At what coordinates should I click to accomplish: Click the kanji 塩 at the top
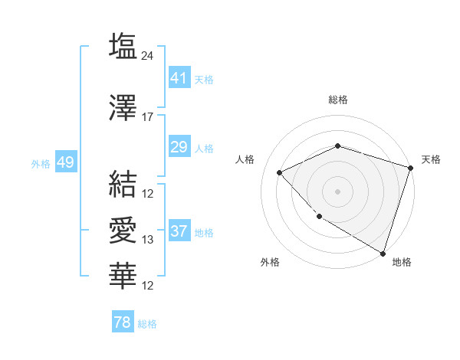tap(123, 47)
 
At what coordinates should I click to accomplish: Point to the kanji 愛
tap(123, 231)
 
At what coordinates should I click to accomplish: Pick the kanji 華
tap(123, 275)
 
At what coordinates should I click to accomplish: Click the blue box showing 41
tap(179, 78)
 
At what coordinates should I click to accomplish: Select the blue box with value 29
tap(179, 147)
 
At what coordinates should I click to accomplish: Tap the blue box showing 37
tap(179, 232)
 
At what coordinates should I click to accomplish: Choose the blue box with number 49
tap(65, 163)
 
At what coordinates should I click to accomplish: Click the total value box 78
tap(123, 322)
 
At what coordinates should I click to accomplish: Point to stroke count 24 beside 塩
tap(148, 55)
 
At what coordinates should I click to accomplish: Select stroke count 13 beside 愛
tap(148, 240)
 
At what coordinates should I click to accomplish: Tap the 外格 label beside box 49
tap(40, 164)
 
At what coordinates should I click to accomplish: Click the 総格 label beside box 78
tap(147, 324)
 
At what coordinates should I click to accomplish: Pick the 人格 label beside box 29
tap(204, 148)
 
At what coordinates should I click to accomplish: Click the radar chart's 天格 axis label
tap(431, 159)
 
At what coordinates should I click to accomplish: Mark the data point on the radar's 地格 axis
tap(382, 253)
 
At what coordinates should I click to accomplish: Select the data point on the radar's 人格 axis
tap(280, 172)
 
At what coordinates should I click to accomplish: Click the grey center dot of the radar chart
tap(337, 191)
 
